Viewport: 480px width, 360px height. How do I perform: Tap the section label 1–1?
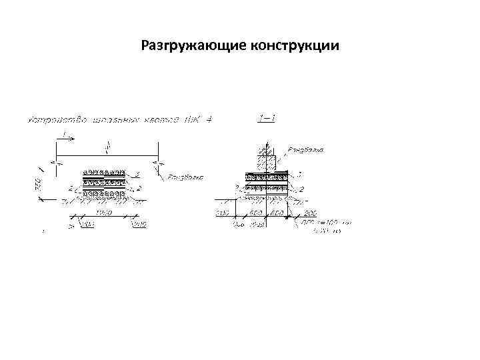[266, 119]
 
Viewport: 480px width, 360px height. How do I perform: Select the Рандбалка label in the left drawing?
[185, 178]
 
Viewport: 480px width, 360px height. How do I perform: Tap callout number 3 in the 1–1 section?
[299, 175]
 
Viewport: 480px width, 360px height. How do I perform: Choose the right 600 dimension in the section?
[277, 213]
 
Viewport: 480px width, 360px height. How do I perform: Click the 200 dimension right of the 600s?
[309, 213]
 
